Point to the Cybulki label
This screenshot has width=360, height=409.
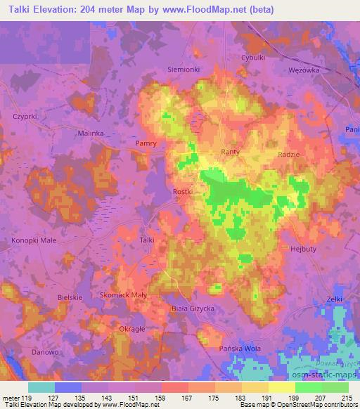tap(253, 58)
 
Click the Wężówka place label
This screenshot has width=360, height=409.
tap(305, 70)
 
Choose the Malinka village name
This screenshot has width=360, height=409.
tap(91, 132)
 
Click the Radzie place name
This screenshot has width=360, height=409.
tap(290, 155)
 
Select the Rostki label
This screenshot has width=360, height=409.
tap(183, 191)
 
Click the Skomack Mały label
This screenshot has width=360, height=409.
tap(123, 295)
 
